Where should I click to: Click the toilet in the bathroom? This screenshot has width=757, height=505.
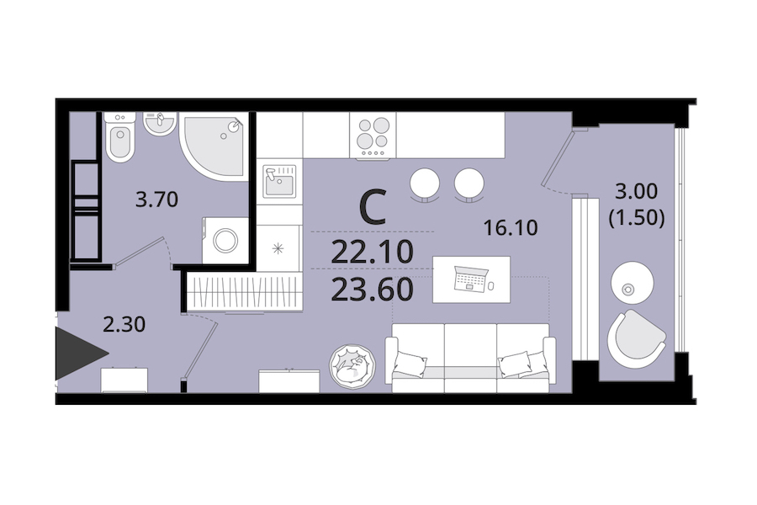pyautogui.click(x=119, y=137)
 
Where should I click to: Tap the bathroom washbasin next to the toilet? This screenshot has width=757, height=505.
pyautogui.click(x=159, y=124)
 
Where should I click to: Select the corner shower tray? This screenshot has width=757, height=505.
pyautogui.click(x=214, y=145)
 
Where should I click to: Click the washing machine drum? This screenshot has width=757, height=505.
pyautogui.click(x=225, y=240)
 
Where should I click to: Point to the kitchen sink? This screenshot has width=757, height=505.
pyautogui.click(x=279, y=181)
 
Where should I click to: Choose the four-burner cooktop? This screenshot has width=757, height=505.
pyautogui.click(x=373, y=136)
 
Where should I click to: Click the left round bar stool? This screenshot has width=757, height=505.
pyautogui.click(x=425, y=183)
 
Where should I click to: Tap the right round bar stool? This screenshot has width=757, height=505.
pyautogui.click(x=468, y=183)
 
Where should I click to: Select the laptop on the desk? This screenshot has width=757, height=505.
pyautogui.click(x=469, y=279)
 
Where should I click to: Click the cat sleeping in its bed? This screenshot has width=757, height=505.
pyautogui.click(x=352, y=366)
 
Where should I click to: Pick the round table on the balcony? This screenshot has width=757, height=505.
pyautogui.click(x=633, y=283)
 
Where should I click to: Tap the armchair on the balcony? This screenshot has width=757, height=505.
pyautogui.click(x=636, y=338)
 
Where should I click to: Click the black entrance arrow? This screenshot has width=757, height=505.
pyautogui.click(x=81, y=353)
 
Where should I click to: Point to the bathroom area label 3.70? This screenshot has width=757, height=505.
pyautogui.click(x=157, y=199)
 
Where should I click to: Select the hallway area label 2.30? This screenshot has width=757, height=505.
pyautogui.click(x=124, y=324)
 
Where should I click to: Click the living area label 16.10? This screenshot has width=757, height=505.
pyautogui.click(x=511, y=227)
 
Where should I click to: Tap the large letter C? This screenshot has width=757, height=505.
pyautogui.click(x=373, y=208)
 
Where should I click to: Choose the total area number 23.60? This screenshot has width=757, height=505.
pyautogui.click(x=373, y=290)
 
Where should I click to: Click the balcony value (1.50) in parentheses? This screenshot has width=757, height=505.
pyautogui.click(x=637, y=219)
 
